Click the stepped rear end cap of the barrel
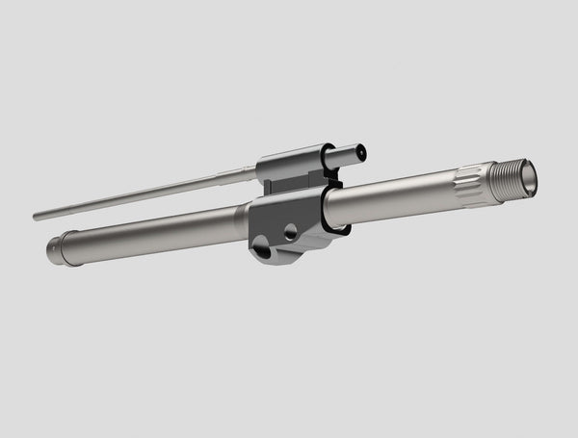tap(54, 249)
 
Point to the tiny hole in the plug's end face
tap(361, 151)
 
